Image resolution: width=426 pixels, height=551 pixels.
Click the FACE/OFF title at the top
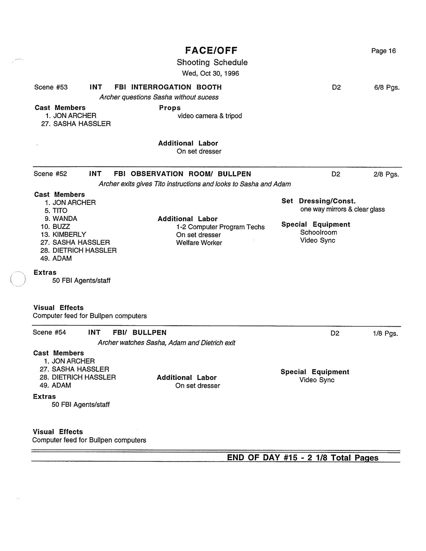(212, 50)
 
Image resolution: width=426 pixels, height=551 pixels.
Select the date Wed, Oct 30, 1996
(210, 73)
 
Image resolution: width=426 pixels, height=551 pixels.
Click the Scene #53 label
(51, 87)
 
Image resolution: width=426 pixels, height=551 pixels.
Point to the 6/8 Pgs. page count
(387, 88)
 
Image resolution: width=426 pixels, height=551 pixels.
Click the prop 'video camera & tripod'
(210, 116)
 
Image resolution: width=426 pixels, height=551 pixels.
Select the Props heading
(170, 108)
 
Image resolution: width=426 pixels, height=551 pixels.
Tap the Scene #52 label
(50, 174)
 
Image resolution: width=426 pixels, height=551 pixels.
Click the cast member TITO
(60, 210)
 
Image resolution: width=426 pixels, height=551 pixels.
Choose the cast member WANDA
(65, 219)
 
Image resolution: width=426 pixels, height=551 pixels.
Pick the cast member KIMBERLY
(69, 234)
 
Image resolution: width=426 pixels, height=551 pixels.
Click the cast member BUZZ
(61, 226)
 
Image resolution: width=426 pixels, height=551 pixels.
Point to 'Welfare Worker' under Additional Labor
(199, 243)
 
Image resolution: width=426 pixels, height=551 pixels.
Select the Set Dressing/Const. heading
(318, 201)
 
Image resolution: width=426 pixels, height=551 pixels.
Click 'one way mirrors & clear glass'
(342, 209)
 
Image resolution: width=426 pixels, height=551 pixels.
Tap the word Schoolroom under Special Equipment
(318, 232)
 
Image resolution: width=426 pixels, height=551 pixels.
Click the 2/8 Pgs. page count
(386, 174)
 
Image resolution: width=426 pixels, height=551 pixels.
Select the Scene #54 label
(49, 332)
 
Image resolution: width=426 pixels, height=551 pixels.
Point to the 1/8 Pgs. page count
(385, 334)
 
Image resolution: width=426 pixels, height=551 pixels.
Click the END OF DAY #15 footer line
(302, 457)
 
